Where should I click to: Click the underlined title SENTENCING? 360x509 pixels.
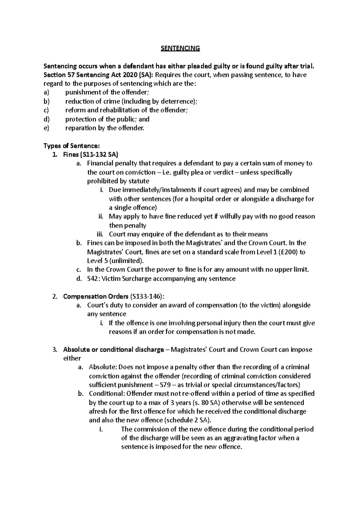(x=180, y=48)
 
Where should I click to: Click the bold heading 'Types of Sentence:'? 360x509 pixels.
(x=71, y=146)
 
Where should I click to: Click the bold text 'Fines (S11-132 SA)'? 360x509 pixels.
(x=91, y=155)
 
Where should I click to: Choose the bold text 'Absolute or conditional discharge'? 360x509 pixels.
(x=113, y=350)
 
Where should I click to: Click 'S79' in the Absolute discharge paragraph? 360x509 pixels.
(x=172, y=385)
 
